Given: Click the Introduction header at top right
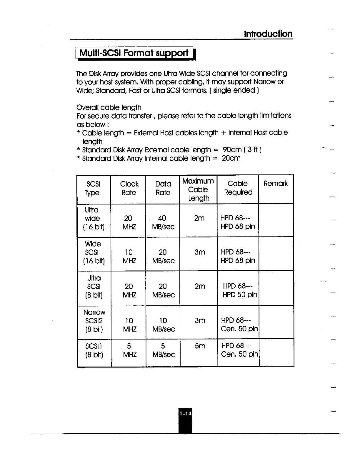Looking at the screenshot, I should pyautogui.click(x=268, y=34).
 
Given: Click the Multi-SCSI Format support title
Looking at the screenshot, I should pyautogui.click(x=134, y=53).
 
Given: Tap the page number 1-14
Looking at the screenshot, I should pyautogui.click(x=185, y=414).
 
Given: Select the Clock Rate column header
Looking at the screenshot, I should pyautogui.click(x=129, y=188).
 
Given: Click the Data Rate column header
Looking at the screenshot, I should pyautogui.click(x=163, y=188).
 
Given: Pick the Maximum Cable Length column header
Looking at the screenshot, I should pyautogui.click(x=198, y=189).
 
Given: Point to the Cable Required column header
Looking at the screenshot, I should pyautogui.click(x=238, y=188).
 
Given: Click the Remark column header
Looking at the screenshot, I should pyautogui.click(x=276, y=184).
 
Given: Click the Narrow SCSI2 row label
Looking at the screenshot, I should pyautogui.click(x=94, y=321).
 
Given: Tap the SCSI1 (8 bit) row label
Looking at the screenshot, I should pyautogui.click(x=94, y=350).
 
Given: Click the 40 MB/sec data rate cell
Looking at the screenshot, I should pyautogui.click(x=163, y=222).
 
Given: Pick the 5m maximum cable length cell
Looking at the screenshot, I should pyautogui.click(x=200, y=346).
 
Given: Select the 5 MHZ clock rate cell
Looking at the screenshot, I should pyautogui.click(x=129, y=350).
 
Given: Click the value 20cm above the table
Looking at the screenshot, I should pyautogui.click(x=231, y=158).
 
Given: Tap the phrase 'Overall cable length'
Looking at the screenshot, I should pyautogui.click(x=109, y=107).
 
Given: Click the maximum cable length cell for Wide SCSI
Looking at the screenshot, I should pyautogui.click(x=200, y=252).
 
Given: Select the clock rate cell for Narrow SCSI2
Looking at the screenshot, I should pyautogui.click(x=129, y=324).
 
